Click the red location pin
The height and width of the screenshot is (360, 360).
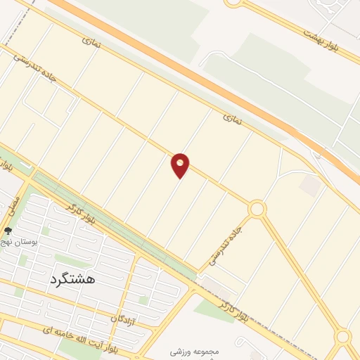coord(181,165)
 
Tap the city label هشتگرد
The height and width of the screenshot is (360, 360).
coord(72,279)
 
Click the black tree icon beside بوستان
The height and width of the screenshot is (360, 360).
coord(8,231)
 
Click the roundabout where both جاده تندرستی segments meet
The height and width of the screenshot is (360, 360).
coord(257,209)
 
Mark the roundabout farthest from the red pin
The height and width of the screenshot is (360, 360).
coord(342,336)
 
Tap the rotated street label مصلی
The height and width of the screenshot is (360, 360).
coord(13,205)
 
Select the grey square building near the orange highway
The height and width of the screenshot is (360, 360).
coord(309,186)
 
